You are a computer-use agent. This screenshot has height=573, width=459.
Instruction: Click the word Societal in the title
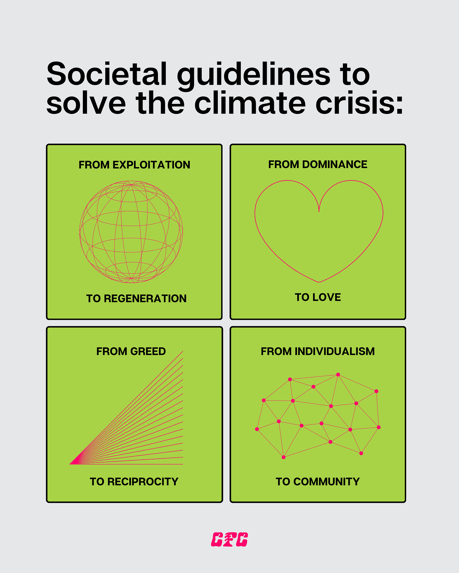(x=106, y=74)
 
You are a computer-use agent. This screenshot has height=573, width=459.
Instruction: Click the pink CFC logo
(x=229, y=539)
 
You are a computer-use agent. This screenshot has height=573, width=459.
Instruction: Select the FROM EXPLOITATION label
(x=134, y=165)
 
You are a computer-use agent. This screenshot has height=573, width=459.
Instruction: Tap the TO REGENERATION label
(x=136, y=298)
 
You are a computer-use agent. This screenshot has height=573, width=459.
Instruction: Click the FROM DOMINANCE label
(x=318, y=164)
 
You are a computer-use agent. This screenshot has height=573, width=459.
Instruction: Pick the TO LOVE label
(x=318, y=297)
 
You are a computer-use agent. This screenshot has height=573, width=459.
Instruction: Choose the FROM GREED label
(x=131, y=351)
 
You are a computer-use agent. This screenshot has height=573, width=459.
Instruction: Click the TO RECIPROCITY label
(x=134, y=482)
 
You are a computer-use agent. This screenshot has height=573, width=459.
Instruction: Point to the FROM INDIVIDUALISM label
(x=318, y=351)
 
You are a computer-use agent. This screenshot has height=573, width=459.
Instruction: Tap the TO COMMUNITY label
(x=318, y=482)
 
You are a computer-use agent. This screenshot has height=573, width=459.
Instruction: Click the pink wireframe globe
(x=131, y=232)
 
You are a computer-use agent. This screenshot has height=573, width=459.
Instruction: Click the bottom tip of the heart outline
(x=319, y=282)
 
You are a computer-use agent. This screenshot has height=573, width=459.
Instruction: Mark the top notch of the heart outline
(x=319, y=211)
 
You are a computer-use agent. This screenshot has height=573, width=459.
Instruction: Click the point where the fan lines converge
(x=70, y=464)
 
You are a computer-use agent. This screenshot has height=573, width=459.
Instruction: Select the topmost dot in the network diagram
(x=338, y=375)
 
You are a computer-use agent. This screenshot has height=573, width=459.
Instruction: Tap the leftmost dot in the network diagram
(x=257, y=429)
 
